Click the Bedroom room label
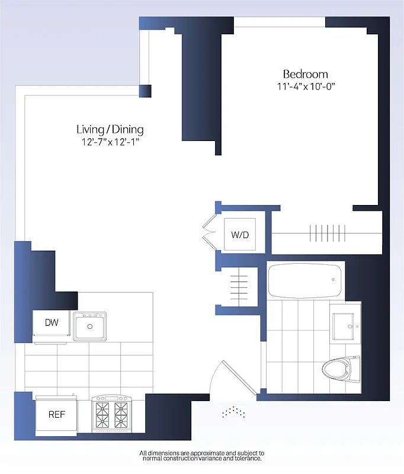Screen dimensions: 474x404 305,74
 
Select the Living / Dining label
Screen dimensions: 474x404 110,129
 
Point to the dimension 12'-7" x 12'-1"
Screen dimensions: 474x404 110,142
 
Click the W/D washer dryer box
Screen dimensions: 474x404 240,235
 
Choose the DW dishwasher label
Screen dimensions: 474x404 52,323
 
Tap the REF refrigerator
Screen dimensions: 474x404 56,414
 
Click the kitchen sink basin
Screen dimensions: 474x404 90,326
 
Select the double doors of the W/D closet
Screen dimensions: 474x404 208,233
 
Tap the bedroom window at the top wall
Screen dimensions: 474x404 280,22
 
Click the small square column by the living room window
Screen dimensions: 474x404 145,91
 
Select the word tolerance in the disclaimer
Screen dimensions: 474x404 243,459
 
